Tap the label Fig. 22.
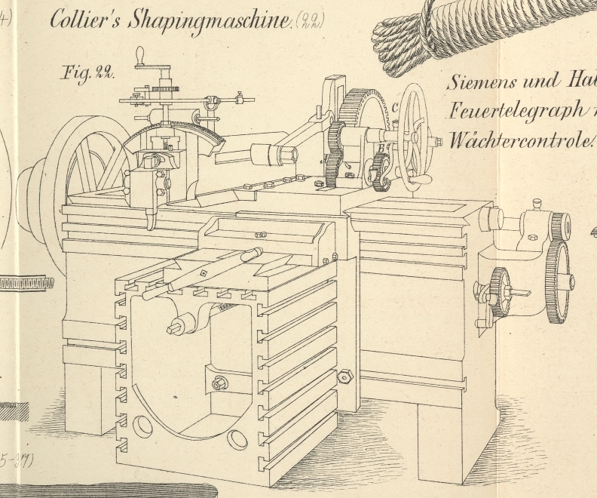87,72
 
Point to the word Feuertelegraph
513,111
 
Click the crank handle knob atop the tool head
139,56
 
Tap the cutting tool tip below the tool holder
151,223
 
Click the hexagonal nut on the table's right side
346,375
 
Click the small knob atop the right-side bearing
536,204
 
